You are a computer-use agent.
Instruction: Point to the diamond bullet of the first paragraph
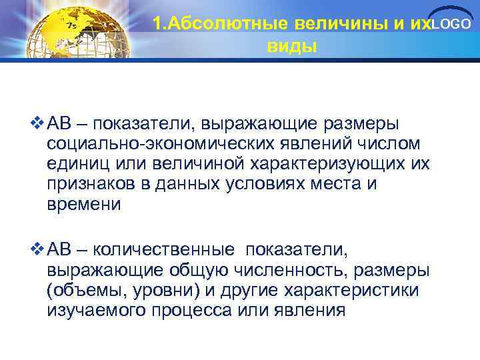click(x=37, y=124)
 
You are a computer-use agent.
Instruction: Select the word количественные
click(x=164, y=250)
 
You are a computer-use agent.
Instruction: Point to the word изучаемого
click(x=95, y=311)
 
